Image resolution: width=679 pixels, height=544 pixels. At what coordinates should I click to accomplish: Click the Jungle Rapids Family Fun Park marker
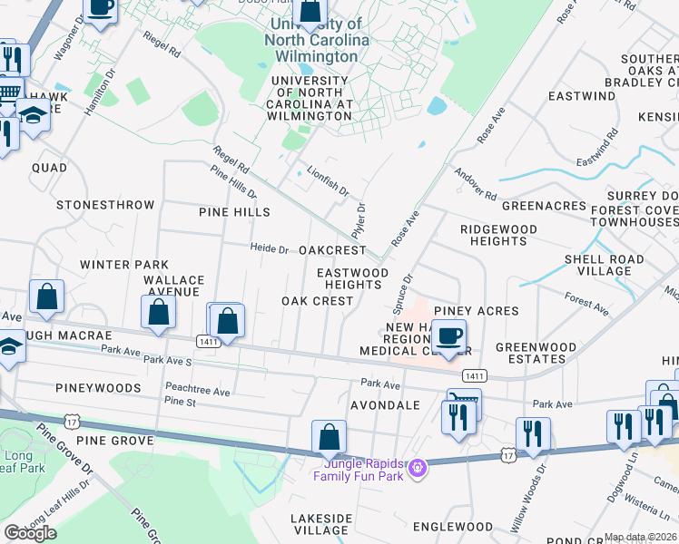click(417, 469)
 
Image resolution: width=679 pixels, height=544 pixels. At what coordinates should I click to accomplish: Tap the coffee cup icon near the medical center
click(448, 336)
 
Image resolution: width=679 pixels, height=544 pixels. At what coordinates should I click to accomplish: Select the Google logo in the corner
click(30, 533)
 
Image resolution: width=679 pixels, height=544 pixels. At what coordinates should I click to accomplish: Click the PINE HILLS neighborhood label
click(234, 212)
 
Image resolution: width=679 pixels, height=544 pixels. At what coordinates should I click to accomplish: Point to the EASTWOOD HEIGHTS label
click(352, 278)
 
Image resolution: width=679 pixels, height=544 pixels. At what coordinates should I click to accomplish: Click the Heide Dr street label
click(270, 249)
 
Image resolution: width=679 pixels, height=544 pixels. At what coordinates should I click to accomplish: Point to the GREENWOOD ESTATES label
click(536, 353)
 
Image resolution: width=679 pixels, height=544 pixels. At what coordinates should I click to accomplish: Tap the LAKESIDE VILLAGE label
click(320, 524)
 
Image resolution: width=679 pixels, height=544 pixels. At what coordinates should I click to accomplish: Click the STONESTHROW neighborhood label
click(105, 205)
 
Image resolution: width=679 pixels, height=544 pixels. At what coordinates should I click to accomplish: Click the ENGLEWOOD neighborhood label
click(452, 526)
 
